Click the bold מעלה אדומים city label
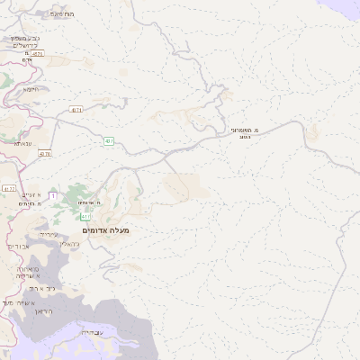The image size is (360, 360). point(106,231)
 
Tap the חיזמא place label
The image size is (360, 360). point(30,89)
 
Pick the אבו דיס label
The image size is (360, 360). point(20,246)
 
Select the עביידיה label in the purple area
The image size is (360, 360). point(92,333)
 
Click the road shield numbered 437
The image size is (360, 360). point(109,140)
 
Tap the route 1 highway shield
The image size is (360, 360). point(53,194)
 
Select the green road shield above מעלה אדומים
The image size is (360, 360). point(85,217)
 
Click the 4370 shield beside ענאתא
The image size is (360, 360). point(45,155)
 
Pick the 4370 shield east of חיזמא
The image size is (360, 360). point(76,110)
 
